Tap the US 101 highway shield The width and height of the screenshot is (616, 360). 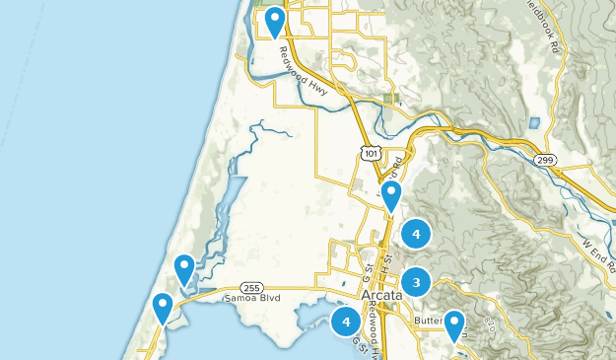coord(368,153)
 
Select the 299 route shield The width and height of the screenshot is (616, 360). coord(544,159)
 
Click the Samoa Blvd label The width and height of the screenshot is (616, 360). coord(252,297)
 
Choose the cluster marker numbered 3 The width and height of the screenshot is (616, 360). coord(417,283)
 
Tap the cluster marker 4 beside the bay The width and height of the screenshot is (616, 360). coord(346,322)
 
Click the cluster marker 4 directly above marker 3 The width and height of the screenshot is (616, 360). coord(417,234)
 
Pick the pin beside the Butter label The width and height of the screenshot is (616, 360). coord(454,324)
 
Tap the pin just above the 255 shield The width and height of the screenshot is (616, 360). coord(184,268)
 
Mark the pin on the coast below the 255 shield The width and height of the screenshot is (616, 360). coord(163,308)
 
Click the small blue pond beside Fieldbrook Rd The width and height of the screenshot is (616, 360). coord(534,123)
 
